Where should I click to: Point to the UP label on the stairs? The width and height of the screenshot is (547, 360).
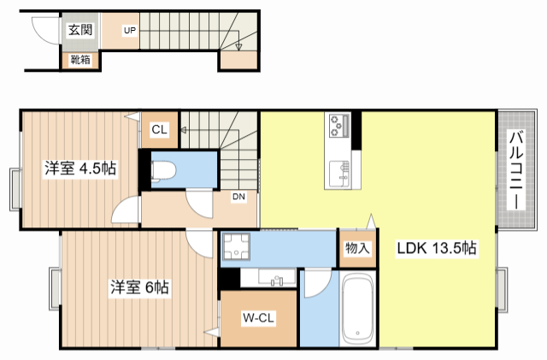tap(130, 31)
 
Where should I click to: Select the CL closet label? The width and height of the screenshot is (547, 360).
tap(160, 130)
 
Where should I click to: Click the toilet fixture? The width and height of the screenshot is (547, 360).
tap(163, 170)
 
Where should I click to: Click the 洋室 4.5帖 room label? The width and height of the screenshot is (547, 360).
tap(80, 169)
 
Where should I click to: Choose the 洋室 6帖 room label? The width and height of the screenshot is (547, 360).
tap(138, 288)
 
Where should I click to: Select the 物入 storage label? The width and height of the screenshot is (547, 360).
tap(357, 249)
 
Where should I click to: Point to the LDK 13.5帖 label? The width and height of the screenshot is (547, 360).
tap(436, 249)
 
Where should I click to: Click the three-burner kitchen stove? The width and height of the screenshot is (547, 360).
tap(338, 126)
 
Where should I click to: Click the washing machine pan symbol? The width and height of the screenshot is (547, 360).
tap(235, 249)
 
